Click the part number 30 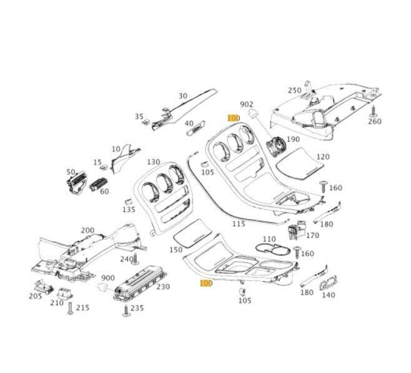click(x=183, y=96)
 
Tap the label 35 click(x=139, y=116)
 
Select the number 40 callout click(x=171, y=123)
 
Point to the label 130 click(x=154, y=162)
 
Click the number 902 click(x=246, y=104)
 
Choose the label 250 click(x=294, y=91)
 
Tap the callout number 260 click(x=374, y=121)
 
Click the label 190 click(x=293, y=140)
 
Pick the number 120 click(x=323, y=156)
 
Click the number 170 click(x=312, y=235)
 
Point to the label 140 click(x=327, y=295)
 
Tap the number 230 click(x=163, y=287)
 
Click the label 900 click(x=107, y=277)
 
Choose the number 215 click(x=82, y=308)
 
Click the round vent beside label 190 click(x=274, y=148)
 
